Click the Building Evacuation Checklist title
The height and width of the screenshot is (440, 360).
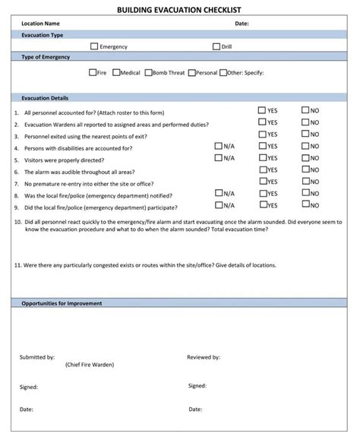[x=179, y=9]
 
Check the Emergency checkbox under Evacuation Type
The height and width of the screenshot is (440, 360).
[x=94, y=46]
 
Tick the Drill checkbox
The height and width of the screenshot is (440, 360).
[x=216, y=46]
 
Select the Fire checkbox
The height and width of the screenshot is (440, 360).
[x=93, y=73]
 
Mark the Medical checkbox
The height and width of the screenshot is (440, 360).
[x=116, y=73]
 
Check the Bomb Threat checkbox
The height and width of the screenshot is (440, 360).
[x=148, y=73]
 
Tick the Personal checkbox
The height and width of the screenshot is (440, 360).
[x=191, y=73]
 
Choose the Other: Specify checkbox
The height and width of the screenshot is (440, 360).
[x=223, y=73]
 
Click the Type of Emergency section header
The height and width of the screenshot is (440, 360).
[x=46, y=58]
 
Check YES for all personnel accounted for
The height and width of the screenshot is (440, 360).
[x=262, y=110]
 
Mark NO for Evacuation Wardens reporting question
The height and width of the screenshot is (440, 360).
[x=305, y=122]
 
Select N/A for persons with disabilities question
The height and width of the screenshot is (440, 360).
[x=219, y=146]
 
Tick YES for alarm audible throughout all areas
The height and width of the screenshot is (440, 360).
[x=263, y=170]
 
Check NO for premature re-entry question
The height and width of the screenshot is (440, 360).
[x=305, y=182]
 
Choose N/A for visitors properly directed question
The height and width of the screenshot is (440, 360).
[x=219, y=158]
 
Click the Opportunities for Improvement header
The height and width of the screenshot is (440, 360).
[x=62, y=303]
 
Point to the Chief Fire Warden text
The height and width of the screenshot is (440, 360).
[x=90, y=365]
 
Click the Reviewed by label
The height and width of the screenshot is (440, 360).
[x=204, y=356]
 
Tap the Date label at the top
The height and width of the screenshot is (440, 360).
[x=242, y=24]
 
